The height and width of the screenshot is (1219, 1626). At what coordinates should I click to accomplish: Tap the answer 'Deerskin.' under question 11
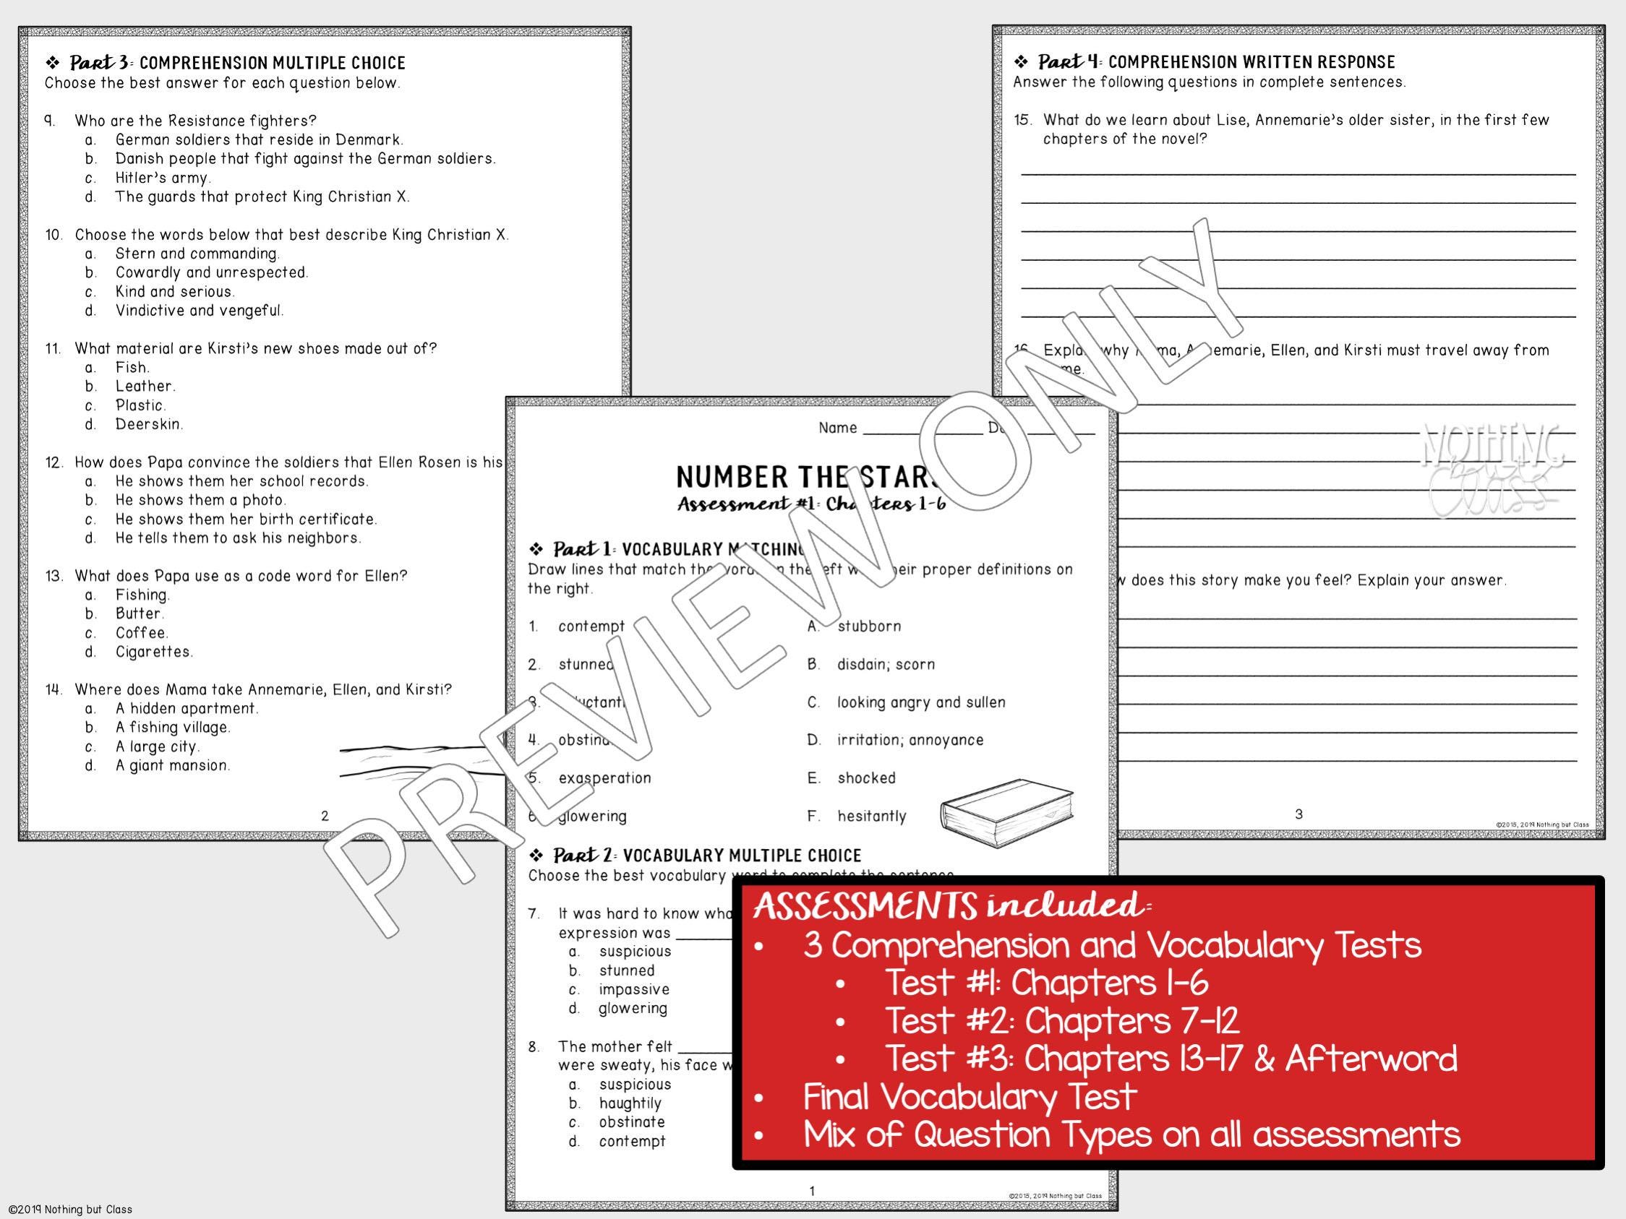[x=149, y=424]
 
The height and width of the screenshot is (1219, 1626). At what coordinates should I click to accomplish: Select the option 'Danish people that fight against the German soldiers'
[x=305, y=159]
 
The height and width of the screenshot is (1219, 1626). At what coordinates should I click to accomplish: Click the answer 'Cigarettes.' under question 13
[x=153, y=652]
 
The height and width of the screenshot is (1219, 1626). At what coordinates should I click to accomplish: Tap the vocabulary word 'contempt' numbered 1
[x=591, y=626]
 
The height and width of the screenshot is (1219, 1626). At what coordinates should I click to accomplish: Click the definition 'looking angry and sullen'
[x=921, y=702]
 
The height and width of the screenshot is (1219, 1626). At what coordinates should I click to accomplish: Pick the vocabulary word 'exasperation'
[x=604, y=778]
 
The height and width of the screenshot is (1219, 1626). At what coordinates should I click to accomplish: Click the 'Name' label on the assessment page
[x=837, y=428]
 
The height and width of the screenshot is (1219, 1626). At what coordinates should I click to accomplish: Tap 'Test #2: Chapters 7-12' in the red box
[x=1061, y=1020]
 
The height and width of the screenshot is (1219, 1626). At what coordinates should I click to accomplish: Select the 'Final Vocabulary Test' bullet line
[x=969, y=1097]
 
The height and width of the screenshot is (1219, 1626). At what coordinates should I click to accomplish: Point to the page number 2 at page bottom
[x=325, y=815]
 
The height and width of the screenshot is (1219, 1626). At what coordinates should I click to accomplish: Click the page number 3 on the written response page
[x=1298, y=814]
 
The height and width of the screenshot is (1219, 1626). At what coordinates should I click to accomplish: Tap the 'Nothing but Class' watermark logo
[x=1492, y=470]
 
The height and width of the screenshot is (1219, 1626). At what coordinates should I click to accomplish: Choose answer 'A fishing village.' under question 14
[x=173, y=728]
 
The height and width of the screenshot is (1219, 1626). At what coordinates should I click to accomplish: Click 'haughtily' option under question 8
[x=630, y=1103]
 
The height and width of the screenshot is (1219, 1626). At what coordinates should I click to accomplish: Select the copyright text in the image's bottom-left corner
[x=68, y=1210]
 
